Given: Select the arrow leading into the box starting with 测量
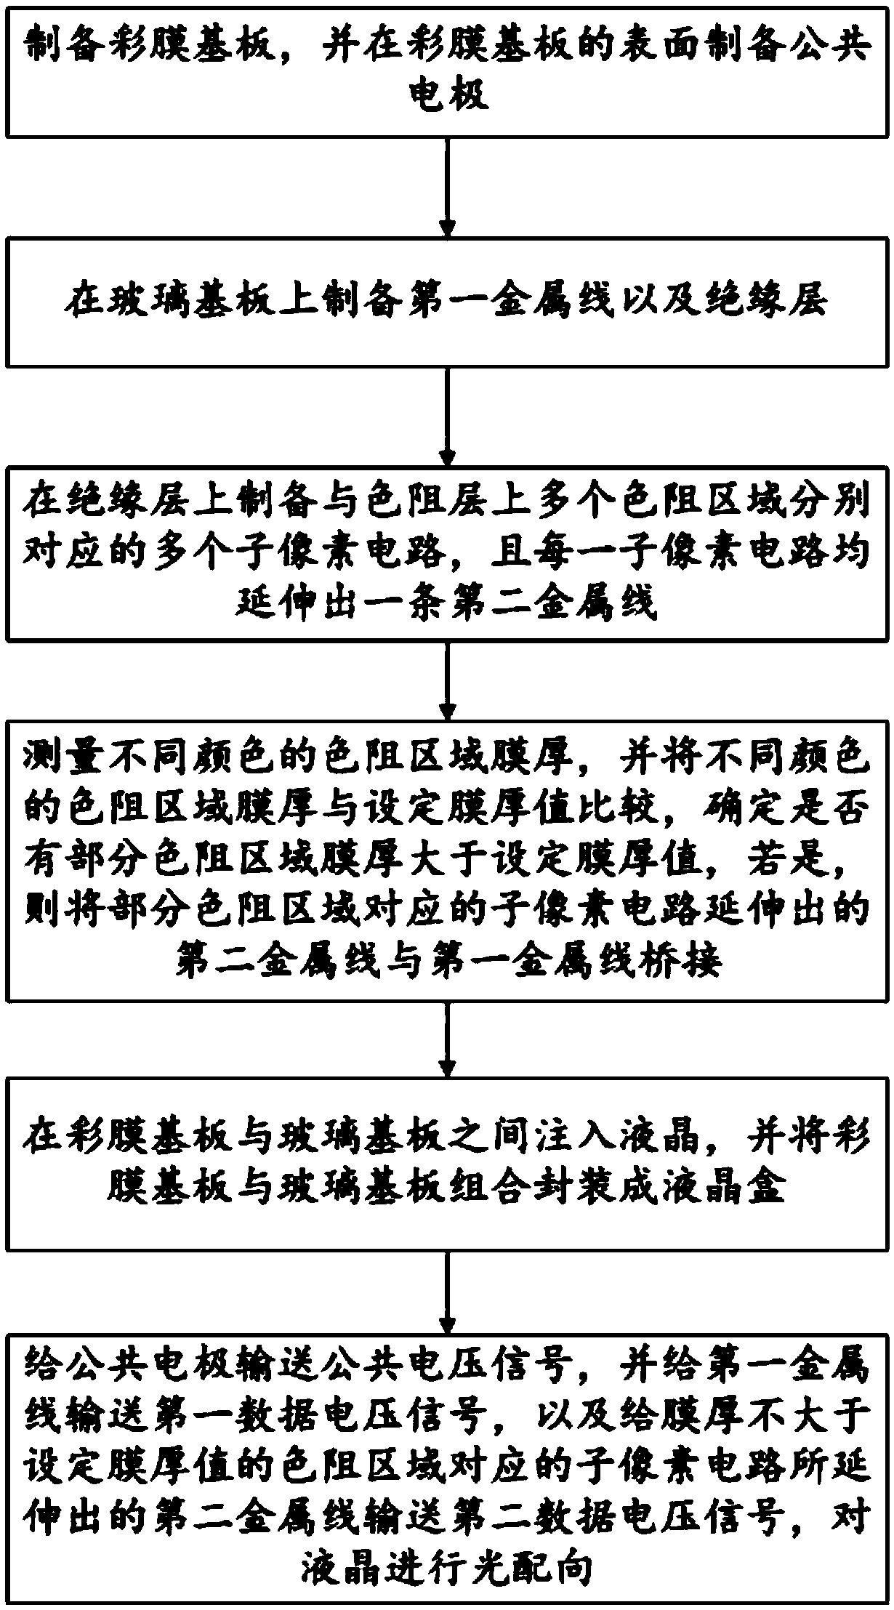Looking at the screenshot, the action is (448, 679).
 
